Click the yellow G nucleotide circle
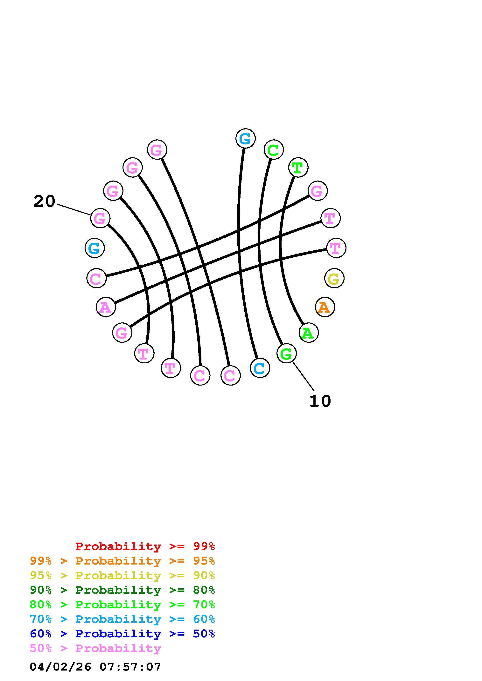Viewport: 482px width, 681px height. pos(334,278)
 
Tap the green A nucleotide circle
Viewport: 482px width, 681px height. pos(309,333)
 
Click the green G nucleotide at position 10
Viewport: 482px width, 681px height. pos(286,353)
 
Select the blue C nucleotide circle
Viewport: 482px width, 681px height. pos(260,368)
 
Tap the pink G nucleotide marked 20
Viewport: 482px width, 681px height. pos(100,218)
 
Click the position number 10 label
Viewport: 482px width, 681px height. pos(320,401)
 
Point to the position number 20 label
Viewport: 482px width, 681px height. pos(44,201)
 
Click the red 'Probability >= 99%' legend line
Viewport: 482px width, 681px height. pos(145,546)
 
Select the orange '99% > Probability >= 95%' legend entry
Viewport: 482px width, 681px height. pos(122,561)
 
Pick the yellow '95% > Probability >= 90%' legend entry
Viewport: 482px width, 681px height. pos(122,575)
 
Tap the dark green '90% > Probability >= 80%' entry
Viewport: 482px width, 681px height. pos(122,590)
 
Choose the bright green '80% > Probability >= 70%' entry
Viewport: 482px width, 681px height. pos(122,605)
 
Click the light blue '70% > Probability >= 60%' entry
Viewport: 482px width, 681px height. pos(122,619)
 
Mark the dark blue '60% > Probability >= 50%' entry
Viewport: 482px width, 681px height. pos(122,634)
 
